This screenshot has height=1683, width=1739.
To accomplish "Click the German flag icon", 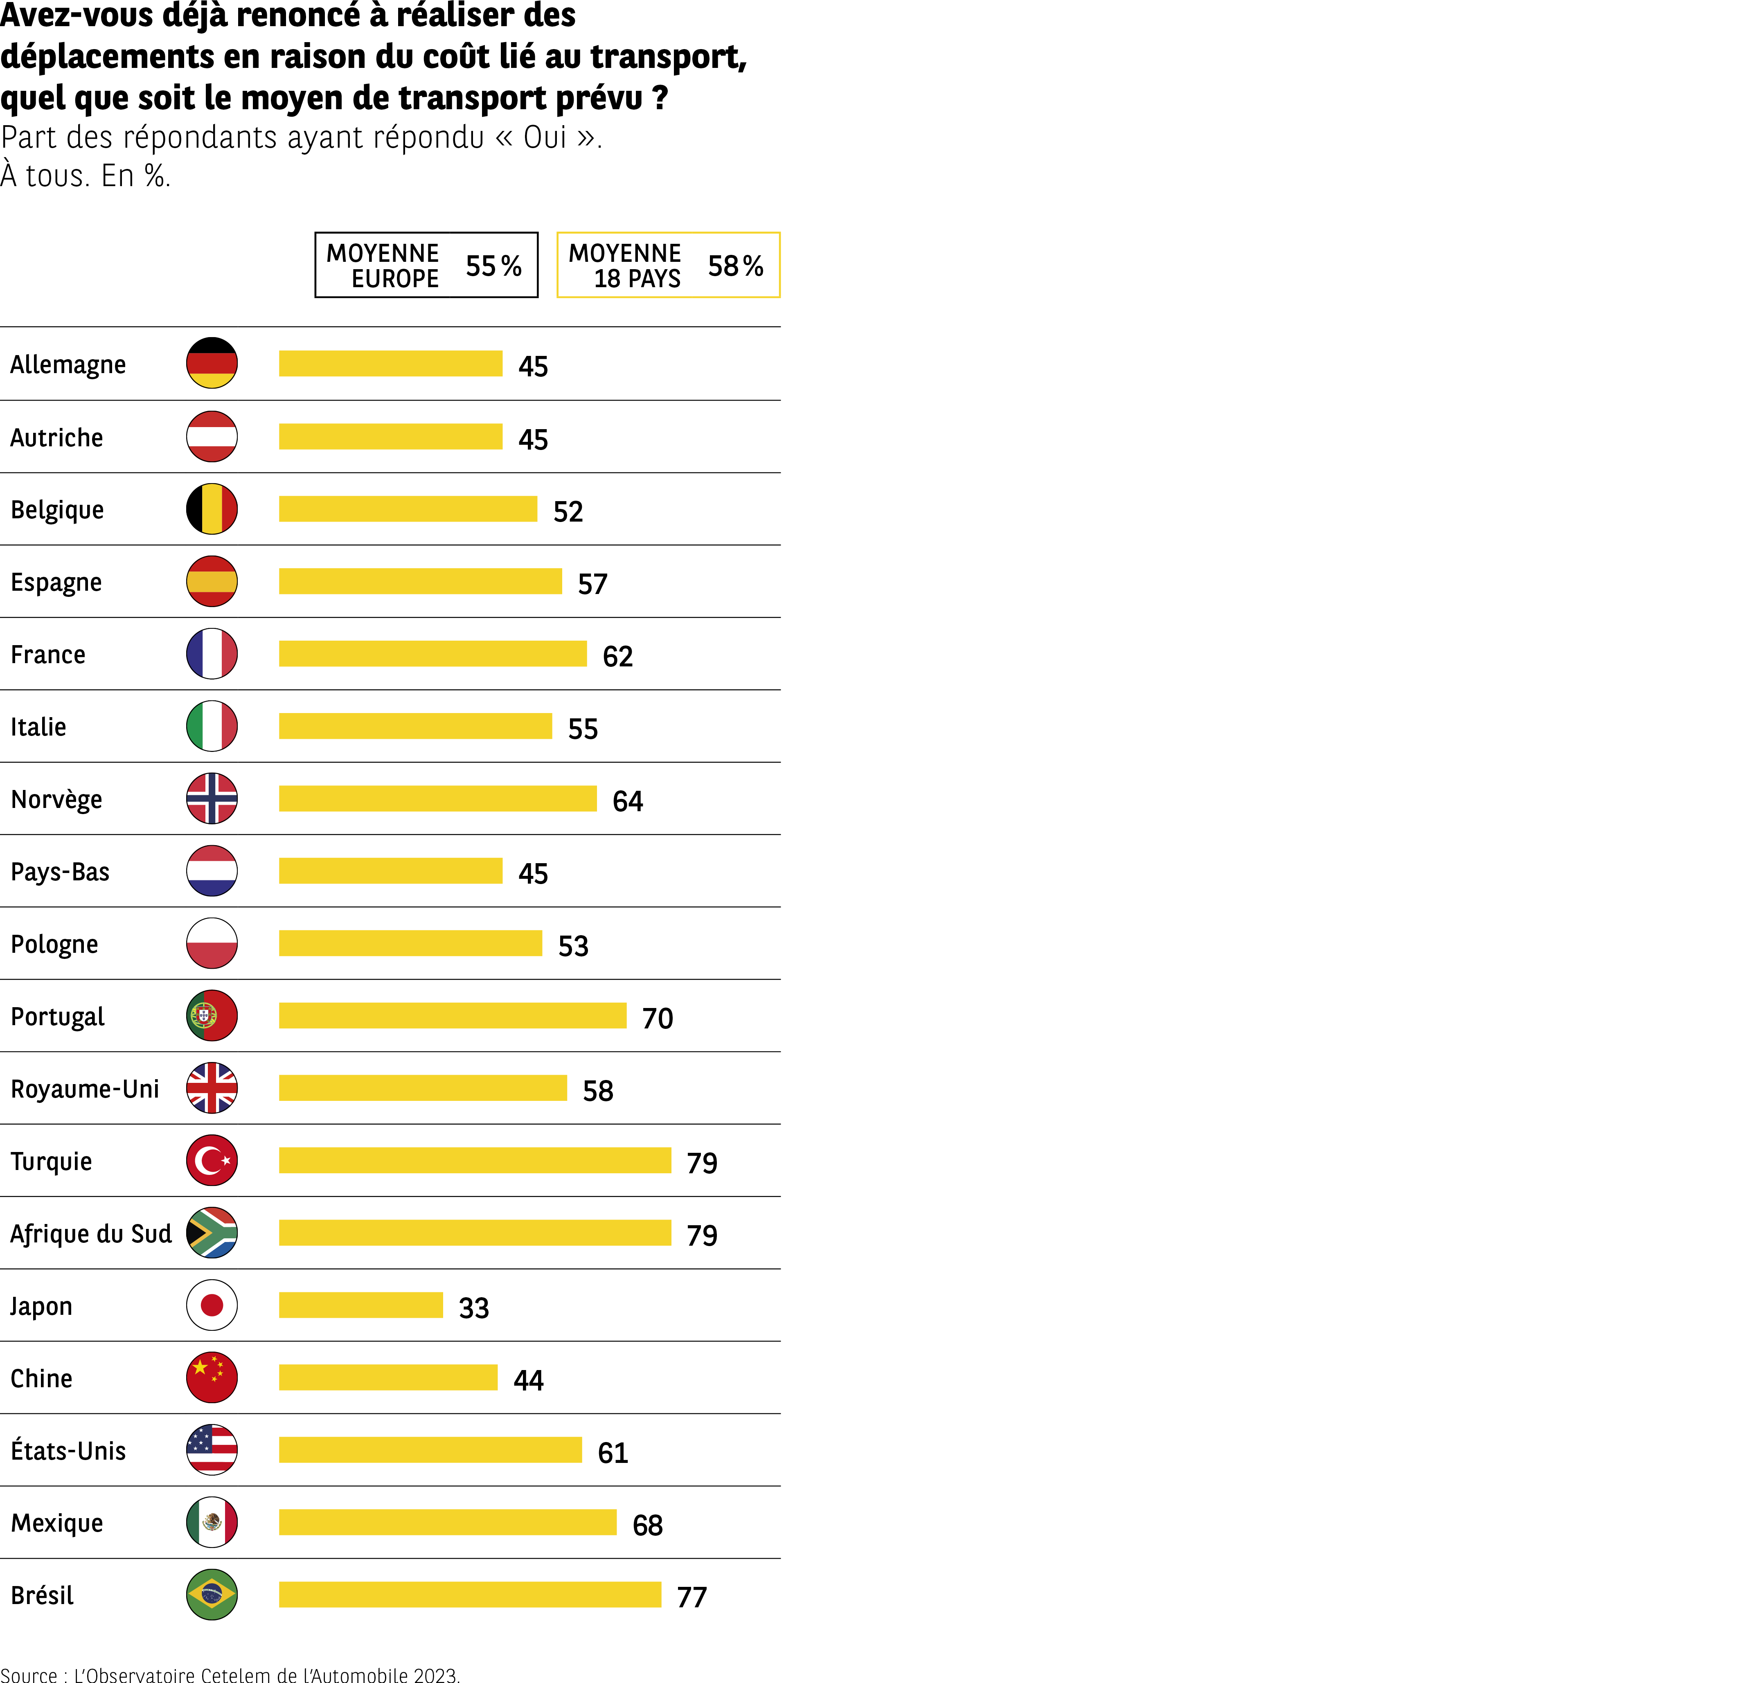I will tap(212, 363).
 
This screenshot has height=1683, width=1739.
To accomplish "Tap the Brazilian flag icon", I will tap(212, 1594).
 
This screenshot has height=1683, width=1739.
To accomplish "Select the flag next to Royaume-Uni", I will tap(212, 1088).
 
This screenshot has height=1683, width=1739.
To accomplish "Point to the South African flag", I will tap(212, 1232).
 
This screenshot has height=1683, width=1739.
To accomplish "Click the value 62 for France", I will tap(617, 657).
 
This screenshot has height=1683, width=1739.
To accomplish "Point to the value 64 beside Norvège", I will tap(627, 801).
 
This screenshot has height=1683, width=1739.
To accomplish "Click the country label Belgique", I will tap(57, 510).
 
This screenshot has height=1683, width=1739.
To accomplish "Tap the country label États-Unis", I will tap(68, 1451).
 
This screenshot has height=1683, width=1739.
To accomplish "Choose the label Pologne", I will tap(54, 944).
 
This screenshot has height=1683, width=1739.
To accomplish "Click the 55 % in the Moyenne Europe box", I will tap(493, 265).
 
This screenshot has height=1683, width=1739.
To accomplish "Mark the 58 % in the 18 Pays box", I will tap(736, 265).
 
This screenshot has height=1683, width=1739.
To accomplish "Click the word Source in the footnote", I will tap(28, 1674).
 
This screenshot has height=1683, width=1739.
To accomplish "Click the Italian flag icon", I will tap(212, 726).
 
